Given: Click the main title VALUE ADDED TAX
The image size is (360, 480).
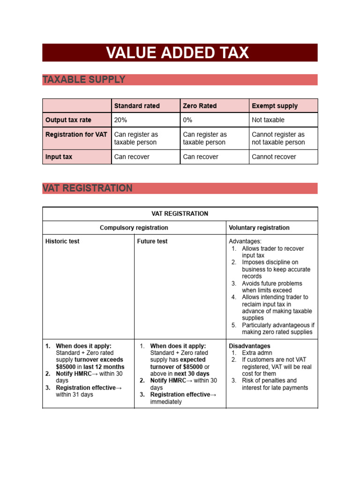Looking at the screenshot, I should pyautogui.click(x=177, y=53).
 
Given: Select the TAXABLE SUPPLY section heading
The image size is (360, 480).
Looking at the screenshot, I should pyautogui.click(x=84, y=80).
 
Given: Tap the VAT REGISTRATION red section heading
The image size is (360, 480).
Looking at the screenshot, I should pyautogui.click(x=87, y=188).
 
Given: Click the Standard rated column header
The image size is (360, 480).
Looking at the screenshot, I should pyautogui.click(x=137, y=106).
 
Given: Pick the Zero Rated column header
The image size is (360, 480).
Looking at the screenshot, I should pyautogui.click(x=200, y=106).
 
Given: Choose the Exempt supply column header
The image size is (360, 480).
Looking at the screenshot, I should pyautogui.click(x=275, y=106).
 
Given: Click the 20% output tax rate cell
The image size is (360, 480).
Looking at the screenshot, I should pyautogui.click(x=120, y=120).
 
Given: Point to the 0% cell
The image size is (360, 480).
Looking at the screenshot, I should pyautogui.click(x=187, y=120).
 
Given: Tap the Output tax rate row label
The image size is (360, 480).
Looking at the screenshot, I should pyautogui.click(x=67, y=120).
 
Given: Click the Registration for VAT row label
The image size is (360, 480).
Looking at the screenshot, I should pyautogui.click(x=76, y=135).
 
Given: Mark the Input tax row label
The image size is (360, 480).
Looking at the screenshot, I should pyautogui.click(x=59, y=157).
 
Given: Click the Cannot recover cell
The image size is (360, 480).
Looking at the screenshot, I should pyautogui.click(x=274, y=157).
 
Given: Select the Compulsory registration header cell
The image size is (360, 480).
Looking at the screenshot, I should pyautogui.click(x=134, y=228).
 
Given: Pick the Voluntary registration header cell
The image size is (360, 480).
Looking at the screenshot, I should pyautogui.click(x=259, y=228).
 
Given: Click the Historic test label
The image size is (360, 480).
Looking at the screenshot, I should pyautogui.click(x=62, y=241).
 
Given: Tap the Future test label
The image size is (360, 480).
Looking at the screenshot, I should pyautogui.click(x=152, y=241).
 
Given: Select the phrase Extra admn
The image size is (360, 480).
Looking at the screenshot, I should pyautogui.click(x=257, y=353).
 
